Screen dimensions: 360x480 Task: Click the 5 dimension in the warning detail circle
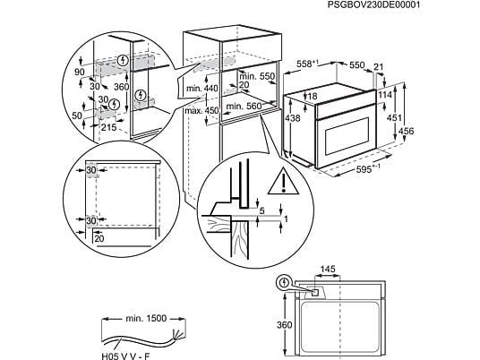(x=260, y=211)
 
